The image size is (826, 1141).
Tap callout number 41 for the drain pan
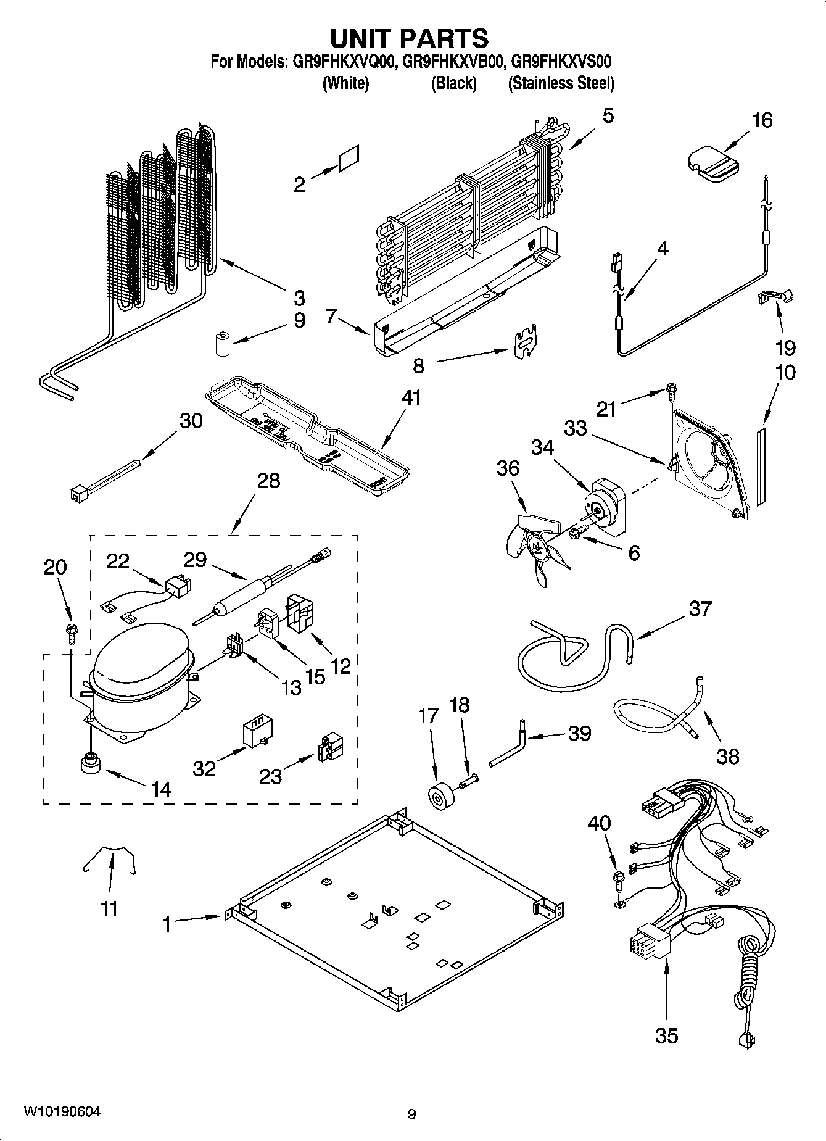pyautogui.click(x=411, y=397)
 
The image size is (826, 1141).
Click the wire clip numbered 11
pyautogui.click(x=110, y=860)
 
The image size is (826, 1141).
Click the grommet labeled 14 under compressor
pyautogui.click(x=91, y=764)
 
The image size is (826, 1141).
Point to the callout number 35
pyautogui.click(x=667, y=1034)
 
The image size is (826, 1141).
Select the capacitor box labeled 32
pyautogui.click(x=257, y=731)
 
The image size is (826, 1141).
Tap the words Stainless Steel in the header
pyautogui.click(x=561, y=83)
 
